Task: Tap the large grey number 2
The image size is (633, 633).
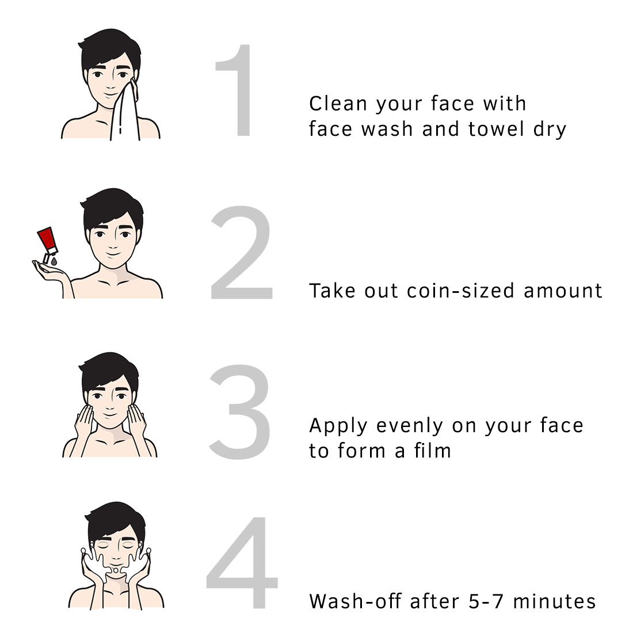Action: pyautogui.click(x=242, y=252)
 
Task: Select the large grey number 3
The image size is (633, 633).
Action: pyautogui.click(x=240, y=412)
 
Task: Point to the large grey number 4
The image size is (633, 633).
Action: pyautogui.click(x=242, y=562)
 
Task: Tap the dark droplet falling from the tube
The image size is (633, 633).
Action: pyautogui.click(x=54, y=262)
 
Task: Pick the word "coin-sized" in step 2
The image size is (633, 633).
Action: pyautogui.click(x=460, y=291)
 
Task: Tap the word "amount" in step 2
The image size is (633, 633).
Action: pyautogui.click(x=563, y=291)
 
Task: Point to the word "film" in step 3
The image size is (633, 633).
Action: pyautogui.click(x=432, y=451)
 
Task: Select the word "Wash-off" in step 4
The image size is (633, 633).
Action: pyautogui.click(x=355, y=601)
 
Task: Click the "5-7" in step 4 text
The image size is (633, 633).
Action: pyautogui.click(x=486, y=601)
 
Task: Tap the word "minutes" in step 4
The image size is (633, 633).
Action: pyautogui.click(x=554, y=601)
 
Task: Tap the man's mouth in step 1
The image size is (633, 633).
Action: pyautogui.click(x=109, y=96)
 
